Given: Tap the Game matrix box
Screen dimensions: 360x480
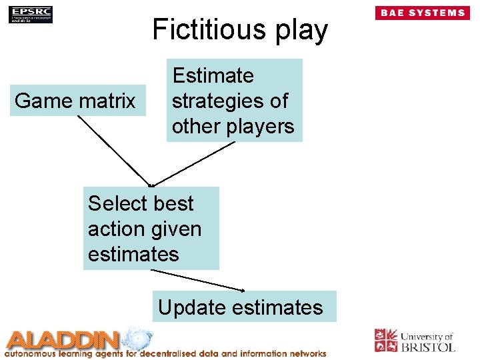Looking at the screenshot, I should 77,101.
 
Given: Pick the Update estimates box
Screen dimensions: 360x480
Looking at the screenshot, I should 244,307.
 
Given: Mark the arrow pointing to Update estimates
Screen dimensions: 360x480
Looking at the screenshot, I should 198,280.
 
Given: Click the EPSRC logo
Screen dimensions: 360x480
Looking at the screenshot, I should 30,14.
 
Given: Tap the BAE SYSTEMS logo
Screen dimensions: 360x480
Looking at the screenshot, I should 422,13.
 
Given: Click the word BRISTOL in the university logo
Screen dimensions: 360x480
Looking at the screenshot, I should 427,347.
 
